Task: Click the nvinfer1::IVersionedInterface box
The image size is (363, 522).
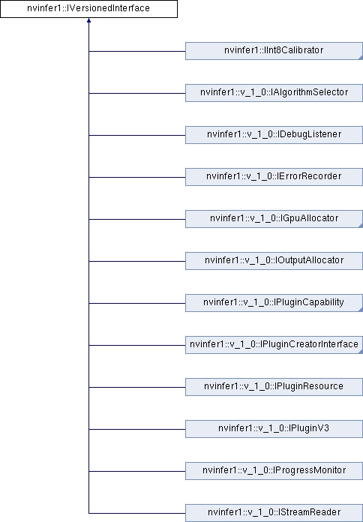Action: click(x=88, y=10)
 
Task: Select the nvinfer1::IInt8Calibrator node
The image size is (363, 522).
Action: click(x=274, y=52)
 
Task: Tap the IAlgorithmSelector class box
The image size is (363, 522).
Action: click(x=274, y=93)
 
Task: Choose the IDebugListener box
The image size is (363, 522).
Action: click(x=274, y=135)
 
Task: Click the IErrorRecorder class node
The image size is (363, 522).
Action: click(x=274, y=177)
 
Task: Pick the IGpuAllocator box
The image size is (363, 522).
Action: click(x=274, y=219)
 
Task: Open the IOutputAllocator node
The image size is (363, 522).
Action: click(x=274, y=261)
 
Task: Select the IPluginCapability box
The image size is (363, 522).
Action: click(x=274, y=303)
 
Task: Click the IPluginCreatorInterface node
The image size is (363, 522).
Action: click(x=274, y=345)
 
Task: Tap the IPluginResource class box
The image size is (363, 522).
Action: click(x=274, y=386)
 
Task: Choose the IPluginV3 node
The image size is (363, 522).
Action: click(x=274, y=428)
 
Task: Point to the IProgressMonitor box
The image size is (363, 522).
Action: click(x=274, y=470)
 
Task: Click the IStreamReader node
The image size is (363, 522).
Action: click(x=274, y=512)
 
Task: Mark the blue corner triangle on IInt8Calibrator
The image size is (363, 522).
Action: click(x=359, y=57)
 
